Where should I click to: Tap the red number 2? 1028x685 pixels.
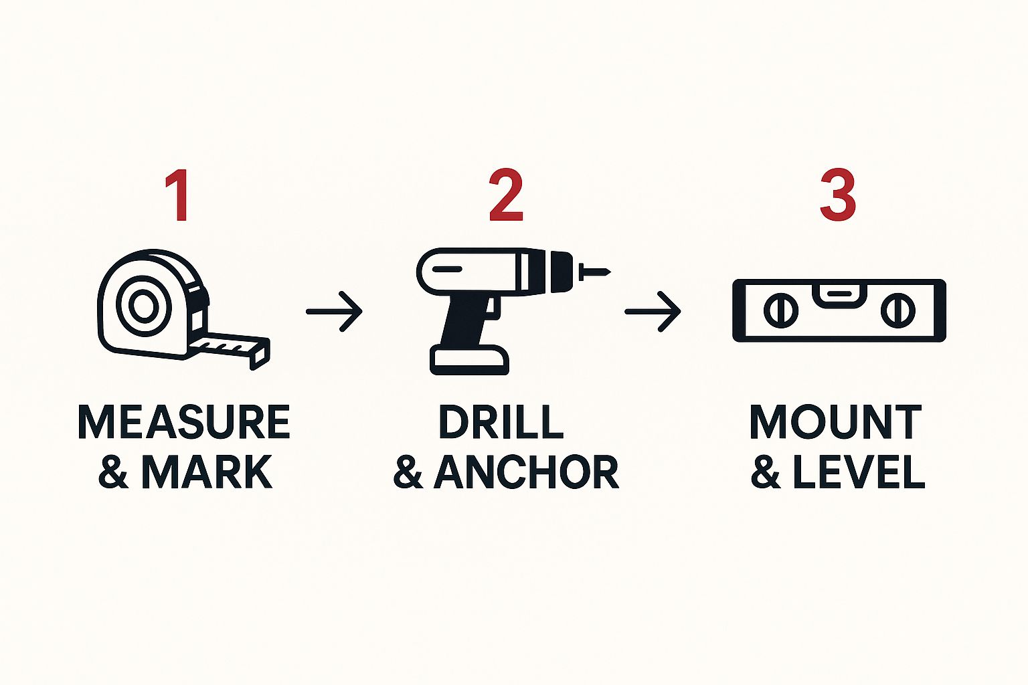pos(505,195)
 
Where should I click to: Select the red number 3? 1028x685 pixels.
pos(837,195)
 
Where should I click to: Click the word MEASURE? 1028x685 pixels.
pos(184,422)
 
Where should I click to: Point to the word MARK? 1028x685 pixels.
pos(206,472)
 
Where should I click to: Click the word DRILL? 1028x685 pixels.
pos(501,422)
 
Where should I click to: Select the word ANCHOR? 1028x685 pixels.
pos(526,472)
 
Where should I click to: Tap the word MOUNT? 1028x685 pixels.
pos(835,422)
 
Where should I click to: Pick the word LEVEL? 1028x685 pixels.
pos(859,472)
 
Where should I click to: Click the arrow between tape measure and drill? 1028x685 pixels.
pos(335,311)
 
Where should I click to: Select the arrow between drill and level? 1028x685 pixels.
pos(653,311)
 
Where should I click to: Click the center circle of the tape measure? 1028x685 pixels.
pos(142,306)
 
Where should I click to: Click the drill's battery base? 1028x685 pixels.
pos(469,361)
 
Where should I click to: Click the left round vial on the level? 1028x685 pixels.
pos(781,311)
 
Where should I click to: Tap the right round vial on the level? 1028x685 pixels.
pos(897,311)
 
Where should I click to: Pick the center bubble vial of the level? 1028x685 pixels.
pos(837,294)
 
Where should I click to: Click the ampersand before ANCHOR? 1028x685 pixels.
pos(408,472)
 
